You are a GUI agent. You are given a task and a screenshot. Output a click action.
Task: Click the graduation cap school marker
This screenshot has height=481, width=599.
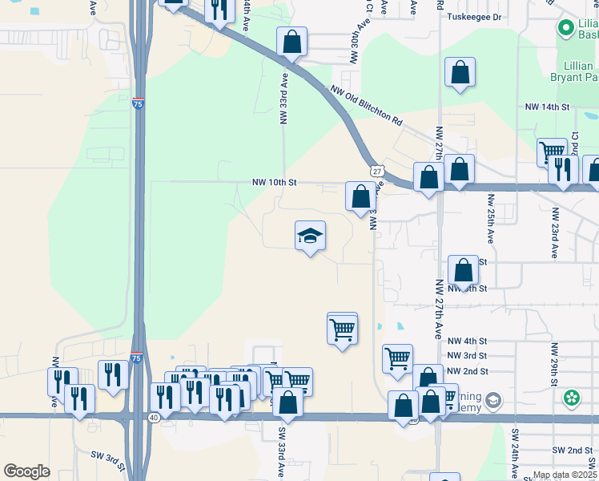pos(310,236)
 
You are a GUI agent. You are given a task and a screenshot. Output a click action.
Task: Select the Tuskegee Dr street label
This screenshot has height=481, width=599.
pos(473,16)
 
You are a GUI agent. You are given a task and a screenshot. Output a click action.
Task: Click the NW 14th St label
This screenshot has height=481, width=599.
pos(547,107)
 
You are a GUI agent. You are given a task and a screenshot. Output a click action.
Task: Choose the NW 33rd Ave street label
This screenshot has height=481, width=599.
pos(283,100)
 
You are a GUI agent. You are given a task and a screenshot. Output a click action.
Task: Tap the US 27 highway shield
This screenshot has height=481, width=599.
pos(376,171)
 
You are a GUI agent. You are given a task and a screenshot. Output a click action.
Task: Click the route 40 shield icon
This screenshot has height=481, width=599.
pos(154,417)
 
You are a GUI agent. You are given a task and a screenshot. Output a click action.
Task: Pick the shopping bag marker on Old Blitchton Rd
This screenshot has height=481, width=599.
pos(292,42)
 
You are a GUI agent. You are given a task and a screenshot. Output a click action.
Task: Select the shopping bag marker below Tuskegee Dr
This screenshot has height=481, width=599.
pos(460,72)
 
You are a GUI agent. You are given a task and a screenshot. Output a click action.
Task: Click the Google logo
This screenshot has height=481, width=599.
pos(26,471)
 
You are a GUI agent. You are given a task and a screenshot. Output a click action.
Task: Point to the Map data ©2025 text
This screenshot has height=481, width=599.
pos(565,475)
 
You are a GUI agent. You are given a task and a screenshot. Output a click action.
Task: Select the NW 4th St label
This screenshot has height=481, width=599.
pos(468,341)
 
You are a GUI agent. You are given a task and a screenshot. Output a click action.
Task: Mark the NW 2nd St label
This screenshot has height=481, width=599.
pos(468,371)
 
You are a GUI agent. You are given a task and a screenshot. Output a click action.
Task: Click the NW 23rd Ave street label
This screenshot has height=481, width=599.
pos(553,233)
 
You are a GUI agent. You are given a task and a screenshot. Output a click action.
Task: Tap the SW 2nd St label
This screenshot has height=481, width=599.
pos(570,451)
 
